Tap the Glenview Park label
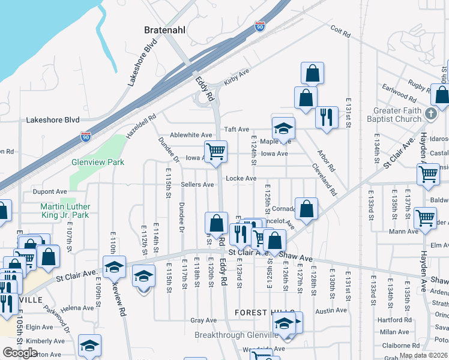(x=98, y=162)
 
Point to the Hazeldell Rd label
(x=141, y=125)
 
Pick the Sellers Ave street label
(x=197, y=185)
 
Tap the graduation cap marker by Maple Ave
(x=283, y=128)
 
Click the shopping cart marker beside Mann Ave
(x=426, y=218)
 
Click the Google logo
(x=20, y=352)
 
